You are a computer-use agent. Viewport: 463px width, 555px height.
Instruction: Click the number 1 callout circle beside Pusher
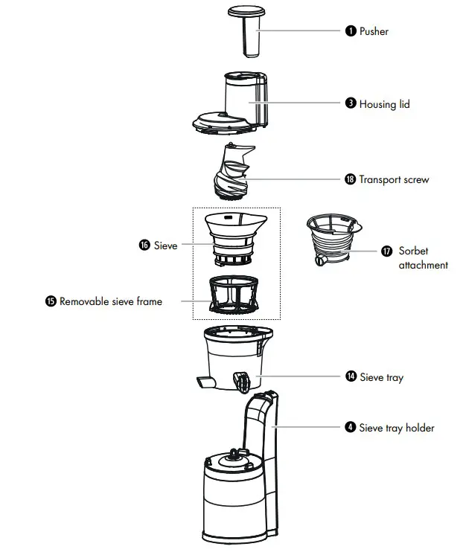pos(350,31)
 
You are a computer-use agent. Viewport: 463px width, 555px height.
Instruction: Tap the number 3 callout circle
pos(350,104)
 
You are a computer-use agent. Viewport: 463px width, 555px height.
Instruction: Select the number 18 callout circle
pos(350,179)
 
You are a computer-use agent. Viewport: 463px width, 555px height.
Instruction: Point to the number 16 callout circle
pos(144,245)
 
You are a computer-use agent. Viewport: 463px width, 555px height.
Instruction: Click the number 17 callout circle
pos(386,251)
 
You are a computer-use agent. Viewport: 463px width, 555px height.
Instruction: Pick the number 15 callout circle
pos(51,301)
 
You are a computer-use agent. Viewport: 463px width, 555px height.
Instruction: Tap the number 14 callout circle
pos(350,377)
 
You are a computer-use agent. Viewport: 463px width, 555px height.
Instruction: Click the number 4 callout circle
pos(350,428)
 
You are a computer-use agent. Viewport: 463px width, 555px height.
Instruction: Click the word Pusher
pos(374,31)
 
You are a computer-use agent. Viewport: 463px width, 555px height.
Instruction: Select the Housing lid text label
pos(384,104)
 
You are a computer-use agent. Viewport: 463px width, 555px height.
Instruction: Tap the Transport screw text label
pos(394,179)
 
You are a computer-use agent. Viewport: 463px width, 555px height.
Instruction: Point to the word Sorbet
pos(413,251)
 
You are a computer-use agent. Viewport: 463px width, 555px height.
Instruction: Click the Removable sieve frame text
pos(110,301)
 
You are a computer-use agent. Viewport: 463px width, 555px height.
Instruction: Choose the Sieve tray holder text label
pos(397,428)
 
